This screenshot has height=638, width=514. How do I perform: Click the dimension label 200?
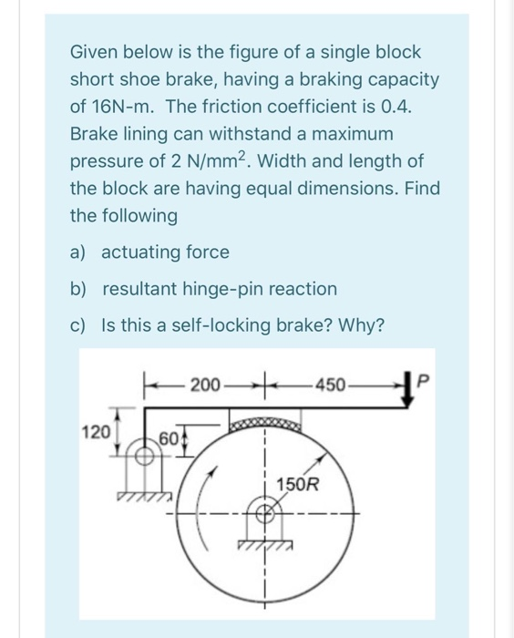pyautogui.click(x=206, y=386)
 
